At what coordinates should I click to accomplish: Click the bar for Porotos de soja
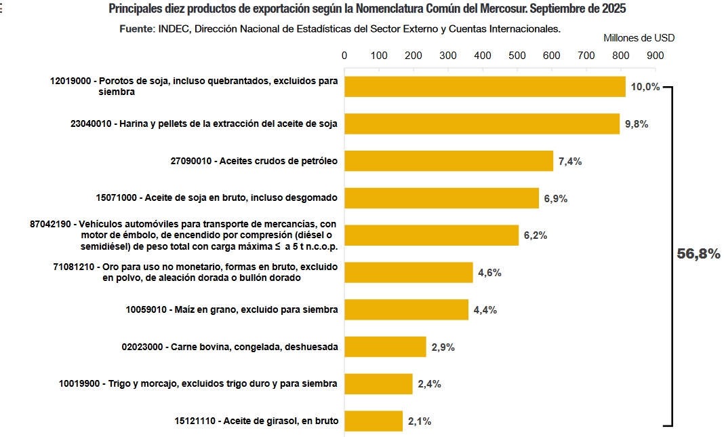(485, 87)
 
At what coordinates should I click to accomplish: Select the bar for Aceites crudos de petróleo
(449, 161)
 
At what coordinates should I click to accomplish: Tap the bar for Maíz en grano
(406, 309)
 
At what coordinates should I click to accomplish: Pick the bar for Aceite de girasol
(374, 421)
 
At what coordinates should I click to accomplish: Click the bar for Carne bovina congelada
(385, 347)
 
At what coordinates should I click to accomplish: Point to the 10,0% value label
(645, 87)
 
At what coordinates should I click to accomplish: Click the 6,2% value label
(535, 235)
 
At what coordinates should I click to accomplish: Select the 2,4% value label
(429, 384)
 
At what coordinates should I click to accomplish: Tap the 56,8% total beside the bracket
(698, 254)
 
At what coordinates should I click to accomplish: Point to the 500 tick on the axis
(517, 56)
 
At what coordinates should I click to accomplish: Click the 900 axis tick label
(656, 56)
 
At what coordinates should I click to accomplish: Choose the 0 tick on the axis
(344, 56)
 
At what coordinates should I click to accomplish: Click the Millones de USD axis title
(639, 38)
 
